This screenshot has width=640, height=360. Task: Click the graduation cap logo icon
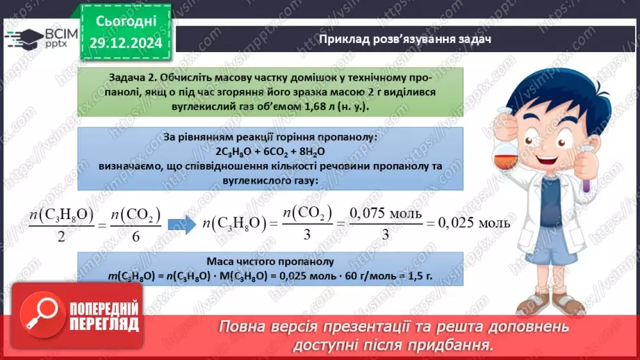[25, 38]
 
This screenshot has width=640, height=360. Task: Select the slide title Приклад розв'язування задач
[405, 39]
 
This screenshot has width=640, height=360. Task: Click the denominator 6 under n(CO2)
[136, 236]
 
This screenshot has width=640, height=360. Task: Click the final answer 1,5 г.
[419, 276]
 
